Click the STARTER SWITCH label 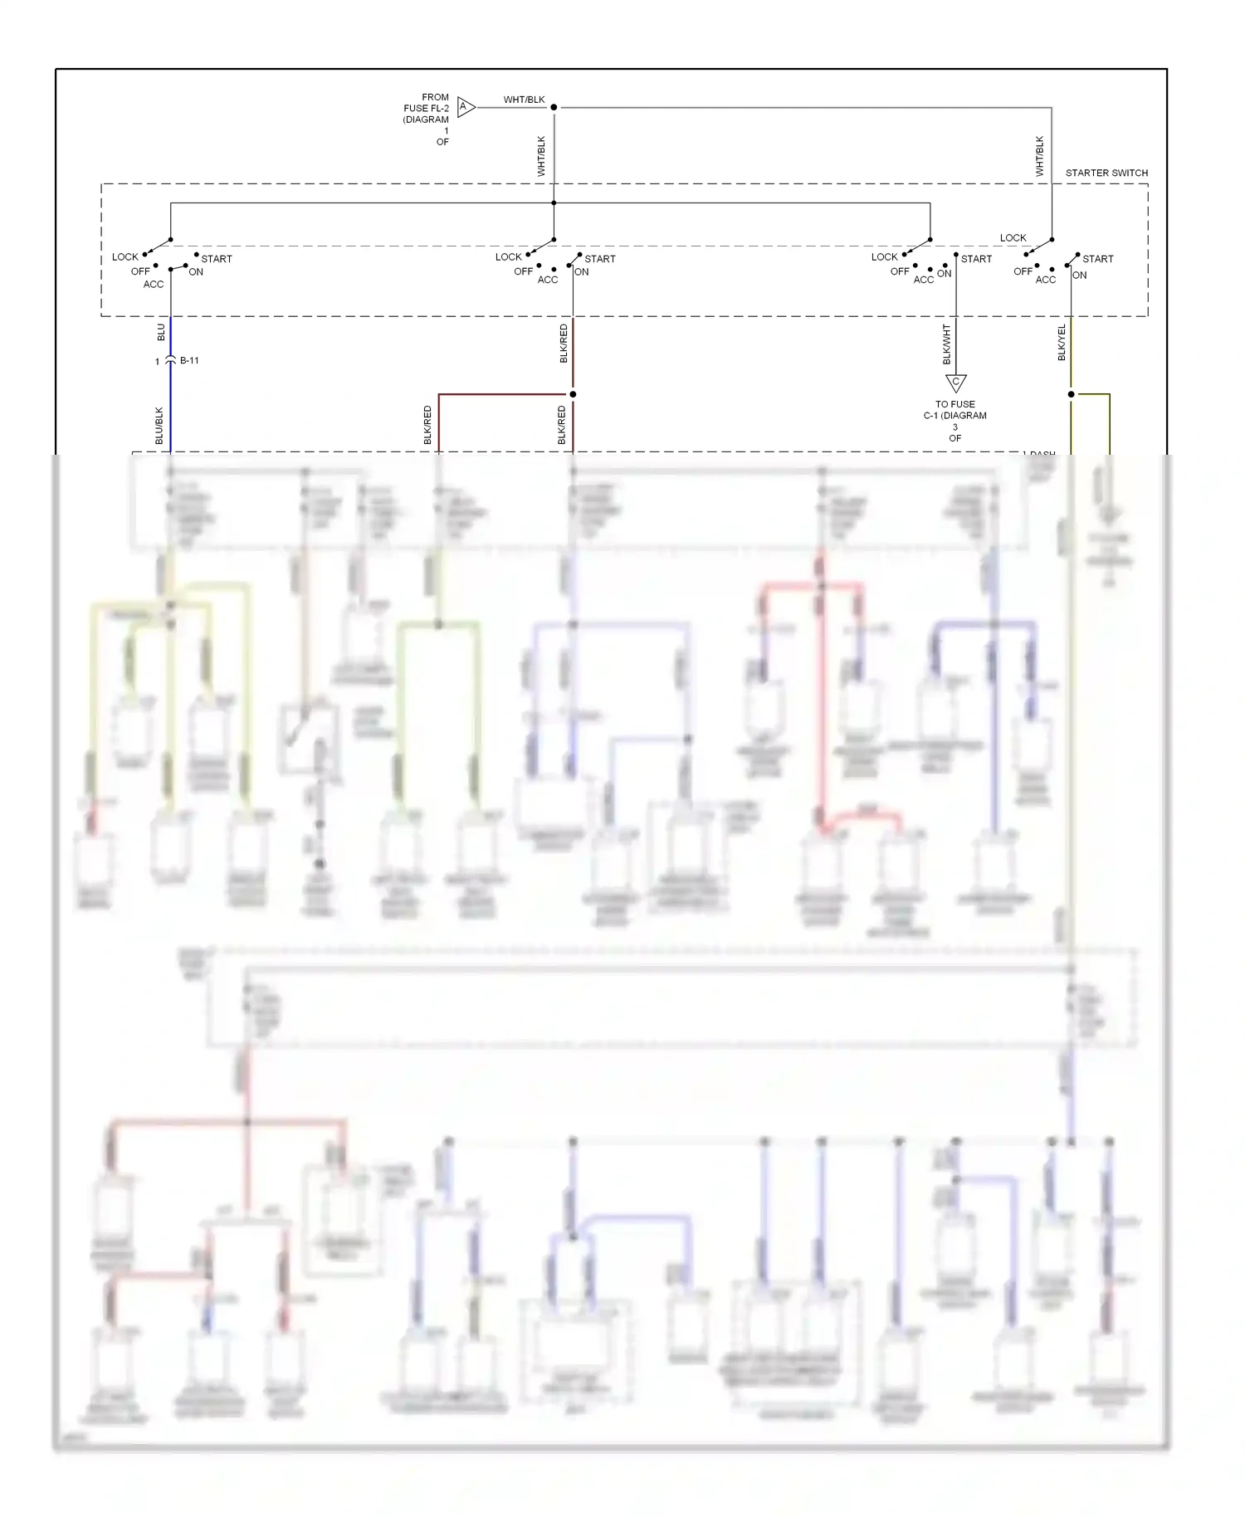[1106, 173]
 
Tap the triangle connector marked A [466, 107]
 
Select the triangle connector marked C [955, 383]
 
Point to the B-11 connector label [189, 360]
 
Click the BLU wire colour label [161, 332]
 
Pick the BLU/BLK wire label [159, 425]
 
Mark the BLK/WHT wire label [946, 344]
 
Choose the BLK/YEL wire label [1062, 343]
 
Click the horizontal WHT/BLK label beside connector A [524, 100]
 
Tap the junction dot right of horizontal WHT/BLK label [554, 107]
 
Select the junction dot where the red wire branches [573, 394]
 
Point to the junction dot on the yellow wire [1071, 394]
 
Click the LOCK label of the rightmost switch [1013, 237]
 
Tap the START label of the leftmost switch [217, 259]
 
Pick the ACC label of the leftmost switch [154, 284]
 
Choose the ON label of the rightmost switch [1079, 275]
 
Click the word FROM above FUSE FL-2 [435, 97]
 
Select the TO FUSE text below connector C [954, 404]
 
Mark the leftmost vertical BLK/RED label [428, 425]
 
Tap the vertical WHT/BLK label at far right [1039, 156]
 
